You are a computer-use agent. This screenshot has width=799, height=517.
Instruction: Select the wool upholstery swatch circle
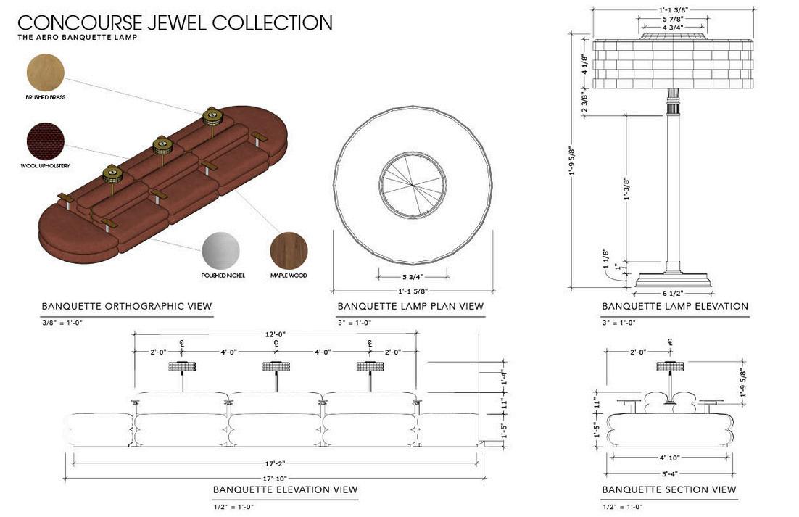coord(45,141)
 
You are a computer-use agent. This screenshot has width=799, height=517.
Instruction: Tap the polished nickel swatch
coord(220,251)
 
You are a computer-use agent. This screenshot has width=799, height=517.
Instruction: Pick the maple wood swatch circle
coord(289,251)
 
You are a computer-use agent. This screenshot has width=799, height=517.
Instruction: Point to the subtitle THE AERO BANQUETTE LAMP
coord(77,37)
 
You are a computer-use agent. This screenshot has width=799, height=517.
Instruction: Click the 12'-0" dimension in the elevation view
coord(276,334)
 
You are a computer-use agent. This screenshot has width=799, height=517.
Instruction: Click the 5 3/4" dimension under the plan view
coord(413,277)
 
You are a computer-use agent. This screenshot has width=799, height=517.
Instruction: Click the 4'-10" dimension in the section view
coord(670,458)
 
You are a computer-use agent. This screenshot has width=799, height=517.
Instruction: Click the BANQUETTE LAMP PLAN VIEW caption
coord(410,307)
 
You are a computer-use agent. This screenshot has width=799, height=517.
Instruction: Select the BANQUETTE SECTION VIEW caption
coord(669,490)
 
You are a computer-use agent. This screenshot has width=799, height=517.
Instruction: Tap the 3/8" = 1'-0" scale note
coord(62,323)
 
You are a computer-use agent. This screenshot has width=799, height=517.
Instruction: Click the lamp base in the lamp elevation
coord(674,278)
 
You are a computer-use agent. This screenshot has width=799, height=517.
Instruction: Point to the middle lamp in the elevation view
coord(276,367)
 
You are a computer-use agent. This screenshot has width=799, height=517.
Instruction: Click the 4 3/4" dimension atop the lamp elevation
coord(674,28)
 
